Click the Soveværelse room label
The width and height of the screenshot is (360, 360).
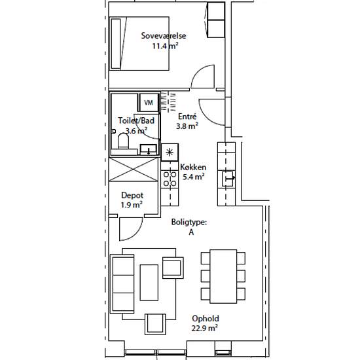click(164, 36)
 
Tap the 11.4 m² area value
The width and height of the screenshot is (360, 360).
click(166, 46)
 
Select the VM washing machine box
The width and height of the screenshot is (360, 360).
click(149, 102)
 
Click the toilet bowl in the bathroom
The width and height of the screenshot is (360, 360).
click(123, 141)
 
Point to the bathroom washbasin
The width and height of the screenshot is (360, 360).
click(149, 149)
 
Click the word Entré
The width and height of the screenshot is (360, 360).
click(187, 117)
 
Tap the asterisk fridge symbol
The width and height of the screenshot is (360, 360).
click(170, 153)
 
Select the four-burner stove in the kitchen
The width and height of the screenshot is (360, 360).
click(170, 179)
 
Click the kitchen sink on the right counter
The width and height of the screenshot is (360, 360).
click(227, 179)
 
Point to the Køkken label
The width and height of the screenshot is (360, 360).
click(193, 167)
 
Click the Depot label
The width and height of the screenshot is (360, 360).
click(132, 196)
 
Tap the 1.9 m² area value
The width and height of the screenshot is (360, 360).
click(132, 205)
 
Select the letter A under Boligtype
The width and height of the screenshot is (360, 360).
click(191, 232)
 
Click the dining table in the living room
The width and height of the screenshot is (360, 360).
click(223, 276)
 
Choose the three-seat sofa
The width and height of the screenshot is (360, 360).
click(122, 284)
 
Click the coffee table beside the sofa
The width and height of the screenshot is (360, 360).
click(149, 283)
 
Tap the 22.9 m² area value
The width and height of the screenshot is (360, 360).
click(205, 328)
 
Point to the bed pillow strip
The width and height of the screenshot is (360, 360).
click(116, 44)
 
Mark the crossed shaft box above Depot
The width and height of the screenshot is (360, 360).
click(134, 170)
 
